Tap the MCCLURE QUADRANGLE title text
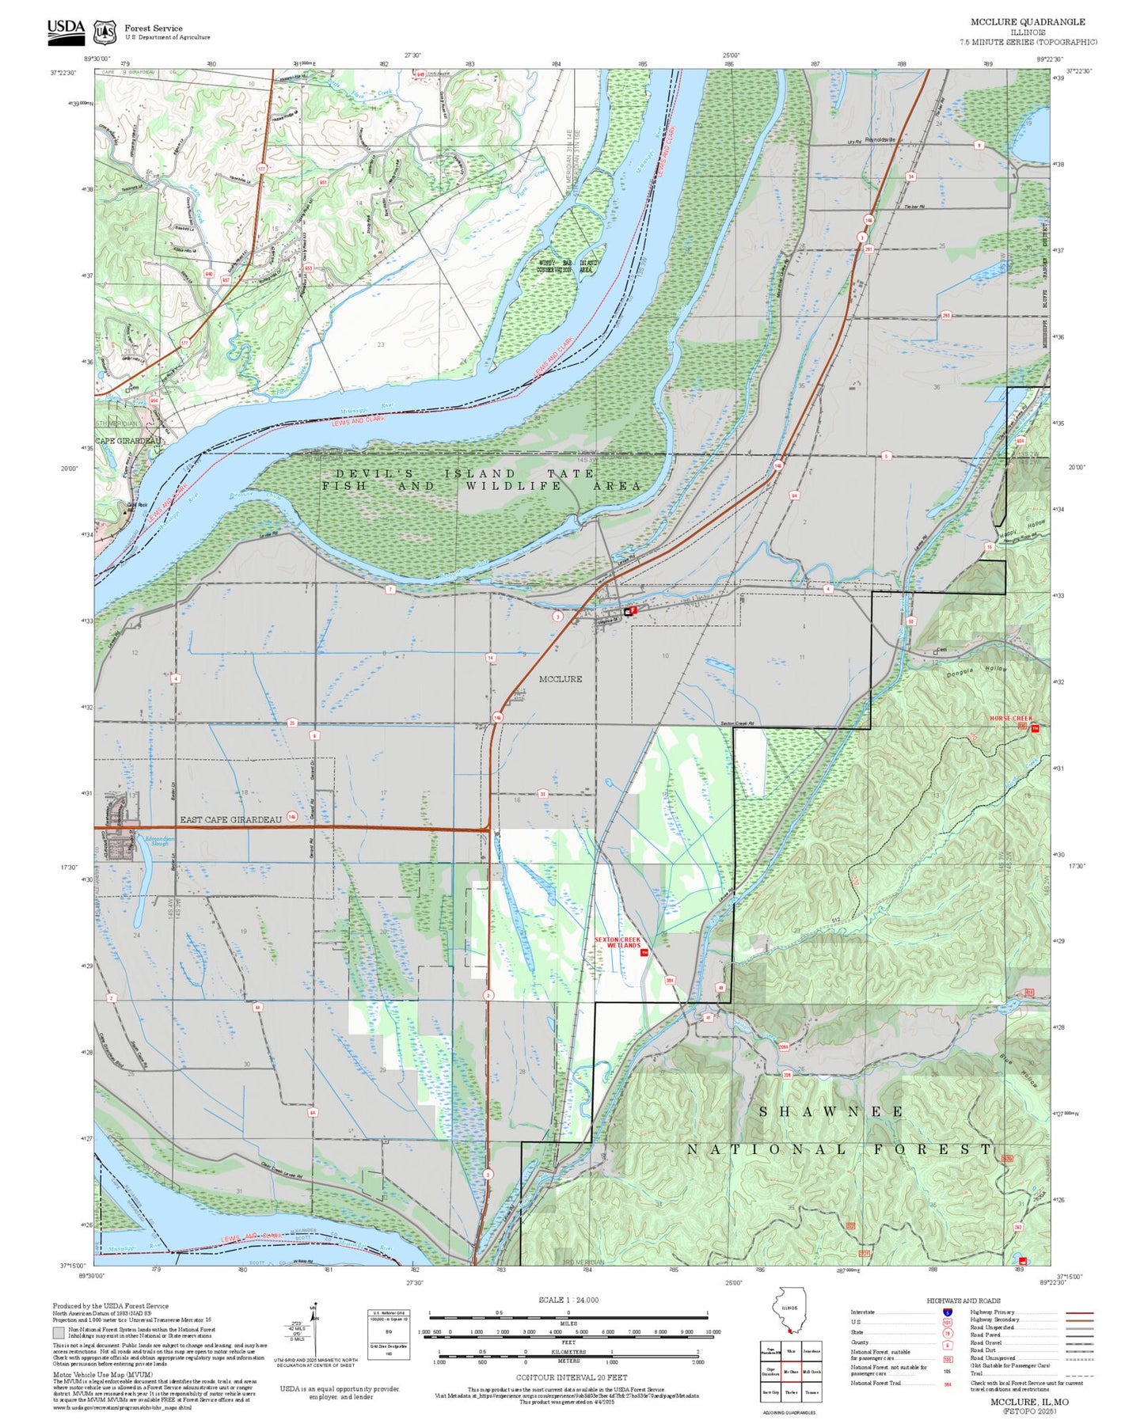(x=1028, y=21)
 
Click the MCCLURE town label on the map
(x=560, y=679)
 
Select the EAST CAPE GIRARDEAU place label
(x=230, y=820)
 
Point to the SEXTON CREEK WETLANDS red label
(x=618, y=942)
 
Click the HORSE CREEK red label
(x=1010, y=719)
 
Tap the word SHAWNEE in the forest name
(x=830, y=1112)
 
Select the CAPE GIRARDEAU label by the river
(x=128, y=441)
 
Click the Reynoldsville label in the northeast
(x=880, y=139)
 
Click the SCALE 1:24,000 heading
(x=568, y=1300)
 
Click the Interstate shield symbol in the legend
(x=947, y=1312)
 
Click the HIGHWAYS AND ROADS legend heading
(x=963, y=1300)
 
